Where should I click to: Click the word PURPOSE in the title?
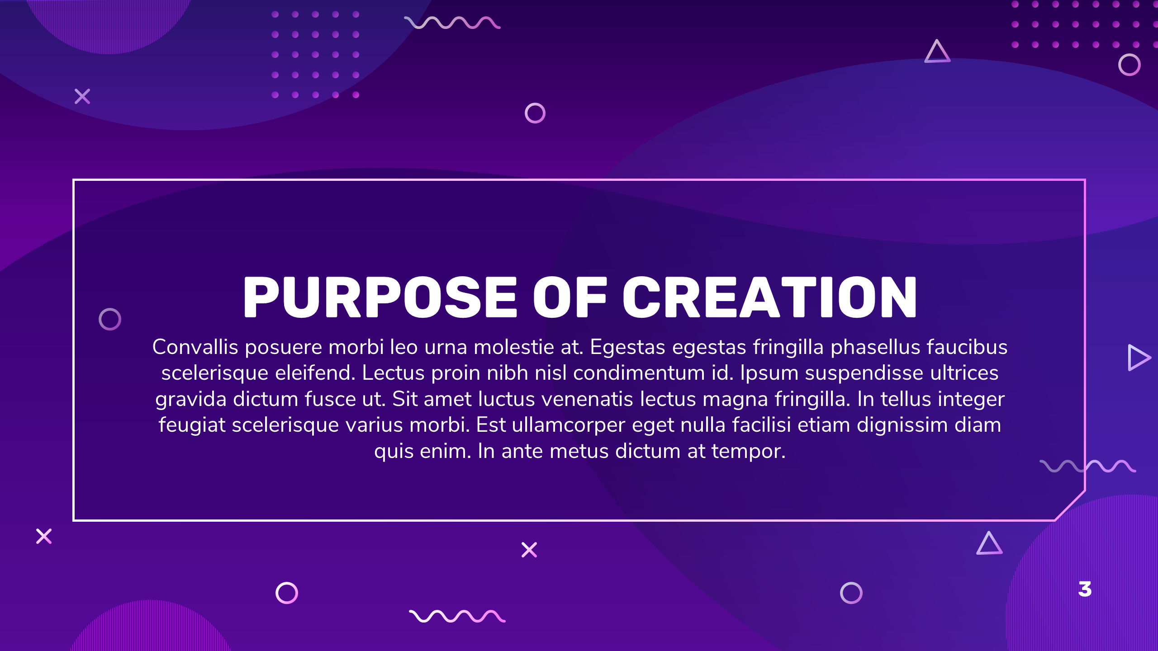380,297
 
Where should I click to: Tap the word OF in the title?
570,297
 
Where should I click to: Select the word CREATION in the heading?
770,297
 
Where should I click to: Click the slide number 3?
1085,589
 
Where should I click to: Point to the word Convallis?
195,347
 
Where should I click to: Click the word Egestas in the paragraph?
628,347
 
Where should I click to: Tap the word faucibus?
967,347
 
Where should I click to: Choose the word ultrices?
964,373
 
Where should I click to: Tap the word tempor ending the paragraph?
749,452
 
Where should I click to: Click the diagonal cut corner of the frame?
1070,505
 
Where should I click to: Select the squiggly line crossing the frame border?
1088,466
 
